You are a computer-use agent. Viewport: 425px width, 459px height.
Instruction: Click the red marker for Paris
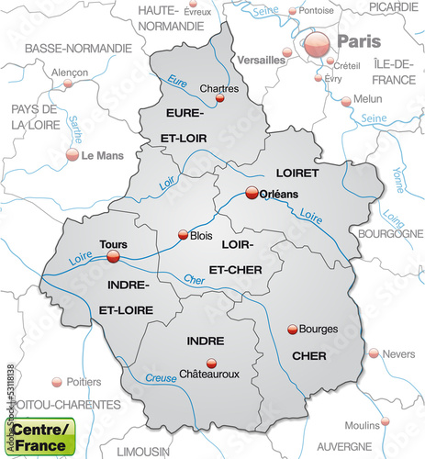318,42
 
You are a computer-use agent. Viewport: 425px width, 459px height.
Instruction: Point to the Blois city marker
182,234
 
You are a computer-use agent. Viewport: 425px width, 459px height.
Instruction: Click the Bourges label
319,329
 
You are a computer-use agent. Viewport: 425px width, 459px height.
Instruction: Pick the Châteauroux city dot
212,363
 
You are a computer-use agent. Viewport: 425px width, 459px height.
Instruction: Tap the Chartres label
218,89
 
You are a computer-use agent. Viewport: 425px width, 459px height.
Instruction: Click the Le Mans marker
72,155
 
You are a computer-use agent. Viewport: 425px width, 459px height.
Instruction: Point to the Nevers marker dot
373,353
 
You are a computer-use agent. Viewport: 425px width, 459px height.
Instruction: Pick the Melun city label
369,99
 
